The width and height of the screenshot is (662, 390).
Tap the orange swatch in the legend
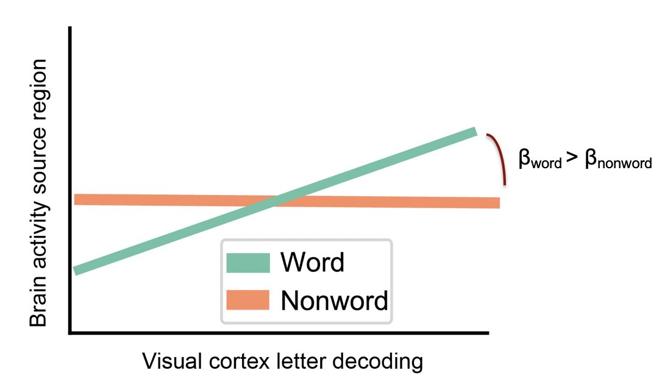pos(247,300)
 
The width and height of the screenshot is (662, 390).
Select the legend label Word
pos(313,263)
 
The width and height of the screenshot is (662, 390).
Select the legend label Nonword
pos(334,300)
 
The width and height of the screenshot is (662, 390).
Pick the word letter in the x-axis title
pos(296,361)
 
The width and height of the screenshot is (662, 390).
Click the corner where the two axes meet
pos(71,333)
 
